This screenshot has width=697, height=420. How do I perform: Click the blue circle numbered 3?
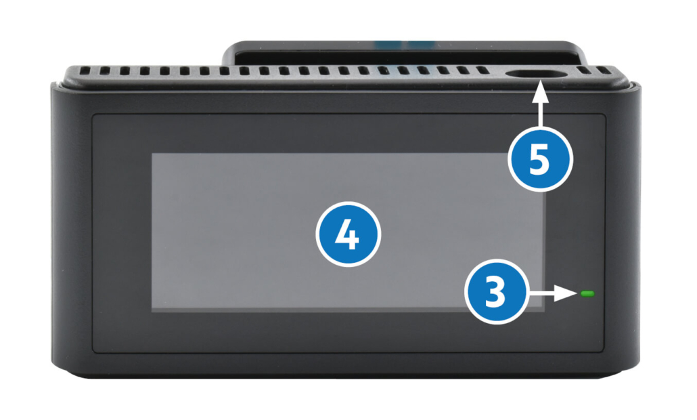495,293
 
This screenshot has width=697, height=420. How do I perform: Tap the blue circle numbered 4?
348,234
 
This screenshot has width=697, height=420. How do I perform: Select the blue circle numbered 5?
541,160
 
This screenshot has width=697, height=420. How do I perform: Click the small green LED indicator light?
587,293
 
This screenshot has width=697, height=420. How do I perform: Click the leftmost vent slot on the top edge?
85,70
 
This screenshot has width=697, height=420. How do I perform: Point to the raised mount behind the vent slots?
405,54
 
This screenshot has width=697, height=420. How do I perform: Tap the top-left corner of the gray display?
152,154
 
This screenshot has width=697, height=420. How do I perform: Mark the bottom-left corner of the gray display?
152,312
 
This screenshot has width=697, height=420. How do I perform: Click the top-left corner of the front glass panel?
93,114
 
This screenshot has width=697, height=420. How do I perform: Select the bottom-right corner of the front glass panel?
606,353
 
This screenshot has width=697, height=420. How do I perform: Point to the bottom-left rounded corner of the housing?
56,371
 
